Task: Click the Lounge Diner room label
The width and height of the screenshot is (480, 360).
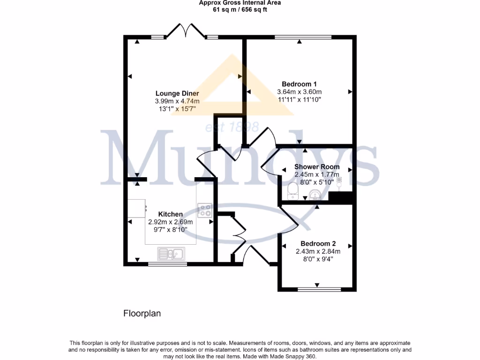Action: click(177, 93)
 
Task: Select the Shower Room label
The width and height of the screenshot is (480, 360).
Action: click(316, 166)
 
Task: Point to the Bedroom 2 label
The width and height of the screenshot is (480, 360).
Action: click(318, 244)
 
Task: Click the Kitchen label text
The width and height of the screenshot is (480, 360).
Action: click(170, 214)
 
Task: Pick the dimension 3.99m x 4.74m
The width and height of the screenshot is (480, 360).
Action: click(177, 101)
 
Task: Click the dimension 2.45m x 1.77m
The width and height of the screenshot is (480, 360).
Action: click(316, 174)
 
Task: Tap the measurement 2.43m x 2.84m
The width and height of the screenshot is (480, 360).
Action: click(318, 252)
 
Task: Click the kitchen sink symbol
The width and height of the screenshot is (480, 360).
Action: click(172, 254)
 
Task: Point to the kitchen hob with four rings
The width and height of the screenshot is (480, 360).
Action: click(204, 210)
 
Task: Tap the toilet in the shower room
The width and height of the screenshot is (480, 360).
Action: click(292, 190)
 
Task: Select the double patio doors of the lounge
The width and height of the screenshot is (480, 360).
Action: click(186, 31)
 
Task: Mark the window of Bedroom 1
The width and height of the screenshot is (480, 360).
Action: click(303, 37)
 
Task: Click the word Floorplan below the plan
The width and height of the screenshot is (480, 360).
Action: click(142, 314)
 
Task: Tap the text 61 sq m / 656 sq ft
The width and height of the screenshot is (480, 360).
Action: click(240, 9)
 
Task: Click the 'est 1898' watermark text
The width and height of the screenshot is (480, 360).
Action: click(232, 127)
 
